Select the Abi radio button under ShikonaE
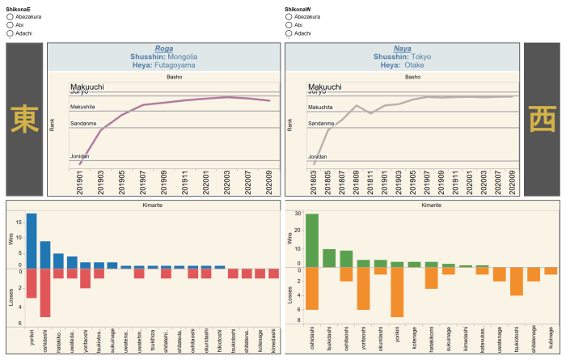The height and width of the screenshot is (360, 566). click(10, 24)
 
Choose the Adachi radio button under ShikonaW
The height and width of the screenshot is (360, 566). click(289, 33)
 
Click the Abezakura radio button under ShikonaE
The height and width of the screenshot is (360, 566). click(10, 15)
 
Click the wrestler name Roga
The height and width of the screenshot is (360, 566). click(163, 49)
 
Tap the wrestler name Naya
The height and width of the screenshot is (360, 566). click(402, 49)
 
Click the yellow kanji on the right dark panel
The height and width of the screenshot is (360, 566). click(542, 119)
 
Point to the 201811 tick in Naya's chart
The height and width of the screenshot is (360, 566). click(371, 180)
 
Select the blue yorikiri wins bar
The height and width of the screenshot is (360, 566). click(32, 240)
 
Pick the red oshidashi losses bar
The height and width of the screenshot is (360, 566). click(45, 292)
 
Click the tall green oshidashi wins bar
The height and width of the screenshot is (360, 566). click(311, 241)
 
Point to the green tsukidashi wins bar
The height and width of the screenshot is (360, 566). click(329, 258)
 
